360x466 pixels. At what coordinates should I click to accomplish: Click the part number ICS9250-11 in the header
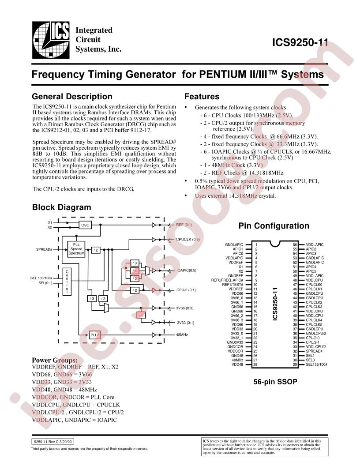click(x=300, y=43)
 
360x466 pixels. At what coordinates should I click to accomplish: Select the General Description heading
click(x=72, y=97)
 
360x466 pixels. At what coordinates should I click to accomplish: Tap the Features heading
click(x=202, y=97)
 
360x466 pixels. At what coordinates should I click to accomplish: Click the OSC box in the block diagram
click(x=85, y=225)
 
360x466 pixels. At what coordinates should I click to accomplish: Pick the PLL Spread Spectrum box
click(x=76, y=249)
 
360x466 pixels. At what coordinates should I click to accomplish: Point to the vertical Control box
click(x=67, y=282)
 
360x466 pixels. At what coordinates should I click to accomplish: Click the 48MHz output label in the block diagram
click(x=182, y=335)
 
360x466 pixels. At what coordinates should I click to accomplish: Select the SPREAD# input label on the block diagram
click(x=45, y=249)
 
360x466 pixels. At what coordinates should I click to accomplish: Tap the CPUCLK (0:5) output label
click(x=188, y=239)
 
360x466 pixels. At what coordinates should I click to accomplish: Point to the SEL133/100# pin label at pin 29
click(x=316, y=365)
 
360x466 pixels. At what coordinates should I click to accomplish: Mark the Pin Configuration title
click(x=274, y=226)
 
